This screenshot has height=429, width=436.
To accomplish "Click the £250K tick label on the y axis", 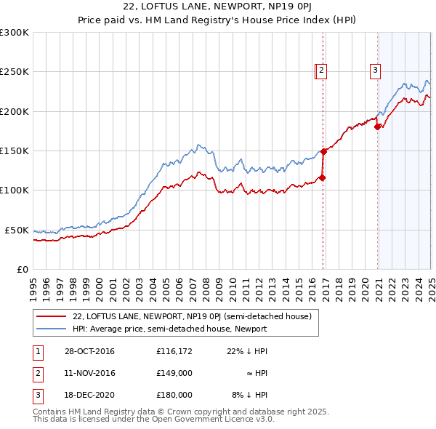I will (15, 72).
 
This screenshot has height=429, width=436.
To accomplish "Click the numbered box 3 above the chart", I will (375, 71).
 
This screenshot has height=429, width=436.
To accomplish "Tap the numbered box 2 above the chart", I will (321, 71).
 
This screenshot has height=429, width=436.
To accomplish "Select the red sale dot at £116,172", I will (322, 177).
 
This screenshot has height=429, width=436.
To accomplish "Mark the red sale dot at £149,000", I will (323, 151).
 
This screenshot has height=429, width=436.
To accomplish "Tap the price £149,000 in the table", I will (174, 373).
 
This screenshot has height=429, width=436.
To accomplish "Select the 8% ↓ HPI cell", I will (250, 395).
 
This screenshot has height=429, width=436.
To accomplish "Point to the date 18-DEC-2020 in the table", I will (89, 395).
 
